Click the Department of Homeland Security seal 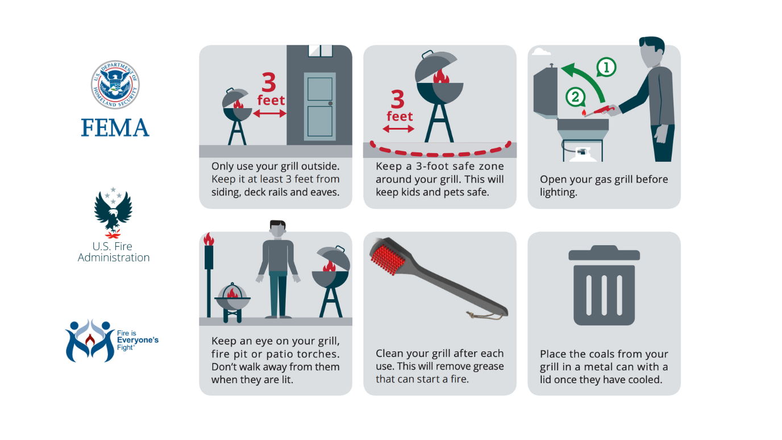pyautogui.click(x=115, y=85)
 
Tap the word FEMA pyautogui.click(x=115, y=127)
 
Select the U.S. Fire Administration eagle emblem pyautogui.click(x=113, y=211)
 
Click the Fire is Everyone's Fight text pyautogui.click(x=137, y=340)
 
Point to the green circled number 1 pyautogui.click(x=606, y=68)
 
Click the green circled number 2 pyautogui.click(x=575, y=97)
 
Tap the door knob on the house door pyautogui.click(x=330, y=103)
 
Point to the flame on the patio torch pyautogui.click(x=209, y=239)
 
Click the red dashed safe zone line pyautogui.click(x=440, y=153)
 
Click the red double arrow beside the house pyautogui.click(x=269, y=114)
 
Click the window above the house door pyautogui.click(x=320, y=51)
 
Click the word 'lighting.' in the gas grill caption pyautogui.click(x=558, y=192)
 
